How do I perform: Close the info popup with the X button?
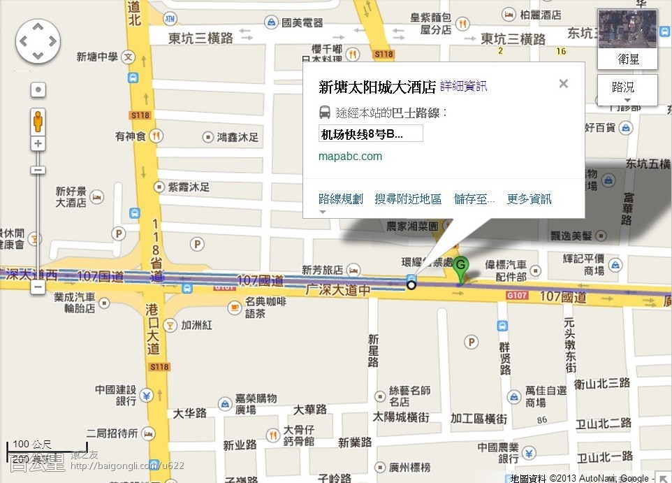pyautogui.click(x=563, y=84)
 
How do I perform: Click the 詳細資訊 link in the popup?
pyautogui.click(x=463, y=87)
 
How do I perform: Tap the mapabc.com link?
pyautogui.click(x=350, y=156)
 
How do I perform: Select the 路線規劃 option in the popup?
pyautogui.click(x=340, y=199)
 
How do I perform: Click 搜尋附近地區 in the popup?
pyautogui.click(x=408, y=199)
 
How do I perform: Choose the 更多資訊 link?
pyautogui.click(x=529, y=199)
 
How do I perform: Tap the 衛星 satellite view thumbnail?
pyautogui.click(x=627, y=39)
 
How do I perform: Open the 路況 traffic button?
pyautogui.click(x=627, y=88)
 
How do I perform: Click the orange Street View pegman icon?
pyautogui.click(x=38, y=121)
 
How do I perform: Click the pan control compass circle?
pyautogui.click(x=38, y=41)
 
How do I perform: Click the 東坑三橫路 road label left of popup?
pyautogui.click(x=201, y=38)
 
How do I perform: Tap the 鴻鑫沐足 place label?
pyautogui.click(x=238, y=138)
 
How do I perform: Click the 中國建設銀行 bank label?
pyautogui.click(x=115, y=396)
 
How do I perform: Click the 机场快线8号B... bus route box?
pyautogui.click(x=370, y=134)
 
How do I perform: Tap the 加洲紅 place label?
pyautogui.click(x=197, y=325)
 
